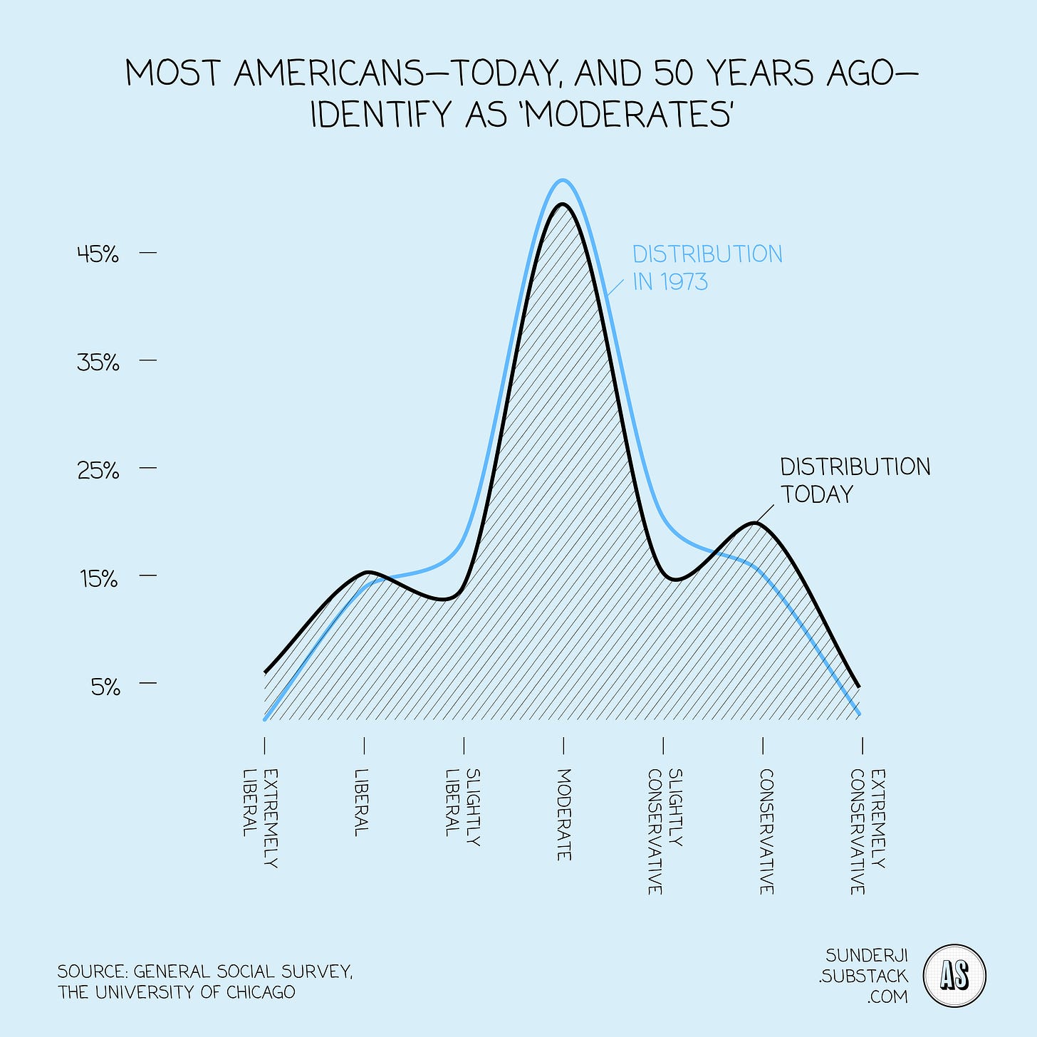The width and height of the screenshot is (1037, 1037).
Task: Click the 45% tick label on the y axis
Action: (98, 254)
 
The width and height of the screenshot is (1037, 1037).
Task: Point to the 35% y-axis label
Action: (98, 363)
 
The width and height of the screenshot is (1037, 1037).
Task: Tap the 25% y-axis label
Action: (98, 470)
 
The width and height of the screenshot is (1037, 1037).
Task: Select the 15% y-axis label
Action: (98, 578)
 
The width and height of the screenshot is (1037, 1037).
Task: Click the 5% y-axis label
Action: (105, 687)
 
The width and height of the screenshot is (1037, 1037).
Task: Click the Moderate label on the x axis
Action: (563, 814)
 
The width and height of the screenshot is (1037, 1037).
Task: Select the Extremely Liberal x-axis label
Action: (259, 818)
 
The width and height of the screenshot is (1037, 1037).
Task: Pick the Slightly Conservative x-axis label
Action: (665, 831)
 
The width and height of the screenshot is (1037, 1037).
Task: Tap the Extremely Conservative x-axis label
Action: (867, 831)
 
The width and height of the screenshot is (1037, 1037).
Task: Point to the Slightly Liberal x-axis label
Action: (462, 807)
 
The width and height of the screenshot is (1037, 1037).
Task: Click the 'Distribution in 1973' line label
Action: (707, 268)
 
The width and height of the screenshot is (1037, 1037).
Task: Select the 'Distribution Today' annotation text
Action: (855, 480)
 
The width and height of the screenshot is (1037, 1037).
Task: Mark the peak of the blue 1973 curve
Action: (563, 180)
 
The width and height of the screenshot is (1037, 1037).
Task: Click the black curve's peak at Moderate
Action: (563, 204)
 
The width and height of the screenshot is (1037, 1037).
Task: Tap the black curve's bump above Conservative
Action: (755, 523)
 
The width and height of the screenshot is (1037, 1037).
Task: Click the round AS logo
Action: (954, 976)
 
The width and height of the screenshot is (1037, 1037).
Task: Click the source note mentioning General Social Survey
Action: (205, 981)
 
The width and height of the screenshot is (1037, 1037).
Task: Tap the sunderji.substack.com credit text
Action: (863, 976)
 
